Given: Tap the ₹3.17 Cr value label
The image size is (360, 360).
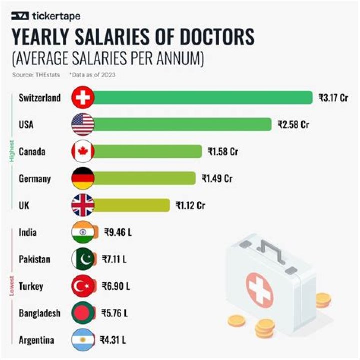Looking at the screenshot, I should pyautogui.click(x=333, y=98).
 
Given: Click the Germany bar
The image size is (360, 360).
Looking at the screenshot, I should pyautogui.click(x=145, y=178).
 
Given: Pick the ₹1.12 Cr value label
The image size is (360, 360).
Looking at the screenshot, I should pyautogui.click(x=190, y=205).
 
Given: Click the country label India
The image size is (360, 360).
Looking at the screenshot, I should pyautogui.click(x=27, y=232).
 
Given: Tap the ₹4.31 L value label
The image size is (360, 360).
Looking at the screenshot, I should pyautogui.click(x=113, y=341).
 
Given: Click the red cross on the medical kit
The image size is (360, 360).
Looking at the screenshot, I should pyautogui.click(x=259, y=289).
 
